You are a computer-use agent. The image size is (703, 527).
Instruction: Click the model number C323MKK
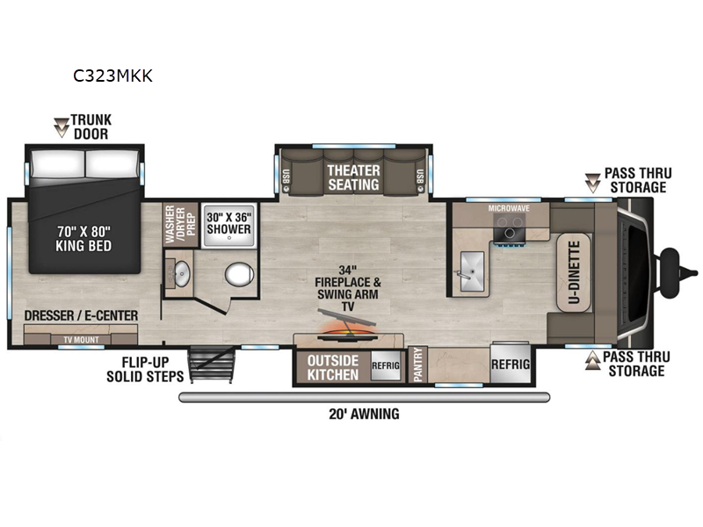click(x=112, y=76)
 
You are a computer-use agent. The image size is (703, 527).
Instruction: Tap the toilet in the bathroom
click(x=239, y=274)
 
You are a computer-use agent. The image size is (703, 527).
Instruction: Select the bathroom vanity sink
click(x=182, y=273)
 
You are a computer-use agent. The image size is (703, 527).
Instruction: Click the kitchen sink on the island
click(x=472, y=271)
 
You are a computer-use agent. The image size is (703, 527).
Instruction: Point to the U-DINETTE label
click(x=575, y=272)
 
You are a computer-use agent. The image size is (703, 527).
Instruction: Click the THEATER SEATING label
click(x=354, y=177)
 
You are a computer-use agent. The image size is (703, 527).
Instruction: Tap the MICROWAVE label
click(x=509, y=208)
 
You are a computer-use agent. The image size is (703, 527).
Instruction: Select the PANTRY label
click(x=418, y=365)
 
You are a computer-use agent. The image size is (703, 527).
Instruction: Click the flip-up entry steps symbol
click(x=212, y=365)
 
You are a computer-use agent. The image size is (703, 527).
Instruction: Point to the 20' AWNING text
click(x=364, y=414)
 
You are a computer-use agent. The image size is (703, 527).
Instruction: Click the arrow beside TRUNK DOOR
click(x=61, y=127)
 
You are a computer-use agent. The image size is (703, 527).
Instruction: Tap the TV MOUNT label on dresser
click(x=81, y=340)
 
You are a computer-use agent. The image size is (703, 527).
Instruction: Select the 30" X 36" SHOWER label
click(x=229, y=223)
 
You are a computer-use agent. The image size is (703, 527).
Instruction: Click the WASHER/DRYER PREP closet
click(x=180, y=225)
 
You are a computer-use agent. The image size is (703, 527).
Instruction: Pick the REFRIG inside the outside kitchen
click(x=386, y=365)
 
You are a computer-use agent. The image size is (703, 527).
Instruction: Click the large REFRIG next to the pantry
click(x=511, y=364)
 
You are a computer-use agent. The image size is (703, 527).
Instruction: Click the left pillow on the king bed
click(x=58, y=163)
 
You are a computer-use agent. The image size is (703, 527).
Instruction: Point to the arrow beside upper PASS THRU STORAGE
click(x=592, y=183)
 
